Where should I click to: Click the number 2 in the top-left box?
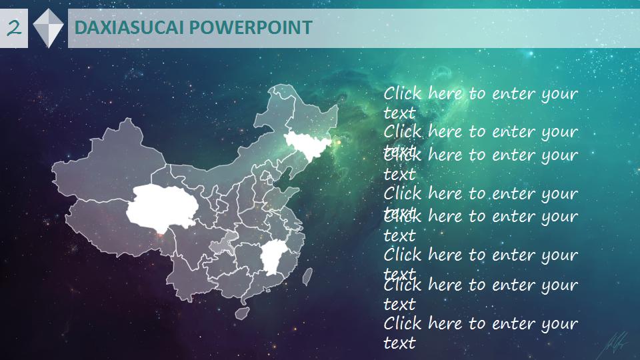[x=14, y=28]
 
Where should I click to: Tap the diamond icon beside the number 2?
[x=48, y=28]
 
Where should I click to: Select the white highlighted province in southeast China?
[x=271, y=257]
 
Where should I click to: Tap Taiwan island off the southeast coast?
[x=307, y=276]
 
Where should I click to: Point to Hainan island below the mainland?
[x=242, y=311]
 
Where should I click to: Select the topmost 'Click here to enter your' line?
[x=480, y=93]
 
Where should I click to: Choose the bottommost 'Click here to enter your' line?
[x=480, y=324]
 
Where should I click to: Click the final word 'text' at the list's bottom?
[x=399, y=343]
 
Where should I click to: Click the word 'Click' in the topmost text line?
[x=403, y=93]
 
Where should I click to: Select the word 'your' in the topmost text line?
[x=559, y=94]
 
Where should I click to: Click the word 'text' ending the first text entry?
[x=399, y=113]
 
